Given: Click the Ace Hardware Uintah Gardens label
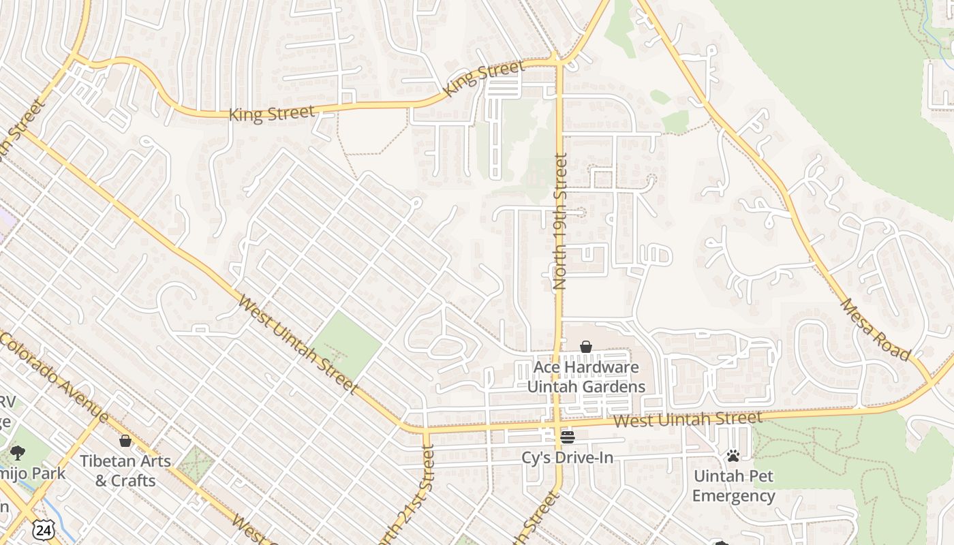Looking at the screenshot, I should (x=586, y=377).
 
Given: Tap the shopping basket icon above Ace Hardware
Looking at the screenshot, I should (x=585, y=347).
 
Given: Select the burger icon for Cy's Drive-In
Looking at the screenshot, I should (x=567, y=437).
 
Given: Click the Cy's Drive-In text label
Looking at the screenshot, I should (x=567, y=457).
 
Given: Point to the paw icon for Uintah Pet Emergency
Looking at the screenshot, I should (x=733, y=456).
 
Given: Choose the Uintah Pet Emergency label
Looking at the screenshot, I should (x=733, y=485).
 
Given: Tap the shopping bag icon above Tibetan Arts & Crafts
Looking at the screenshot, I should (x=125, y=441).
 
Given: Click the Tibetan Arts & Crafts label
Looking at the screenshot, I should (x=125, y=470).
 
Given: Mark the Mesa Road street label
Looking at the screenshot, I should (x=876, y=329).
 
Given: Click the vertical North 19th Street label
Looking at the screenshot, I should (x=560, y=221).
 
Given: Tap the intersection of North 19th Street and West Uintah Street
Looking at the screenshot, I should (x=558, y=425).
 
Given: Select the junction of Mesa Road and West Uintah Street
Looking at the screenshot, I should (x=932, y=385).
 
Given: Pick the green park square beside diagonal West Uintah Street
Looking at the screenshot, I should (x=348, y=344).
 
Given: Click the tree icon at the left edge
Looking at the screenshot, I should (x=18, y=452).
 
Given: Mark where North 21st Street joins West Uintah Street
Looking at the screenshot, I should (x=425, y=431).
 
